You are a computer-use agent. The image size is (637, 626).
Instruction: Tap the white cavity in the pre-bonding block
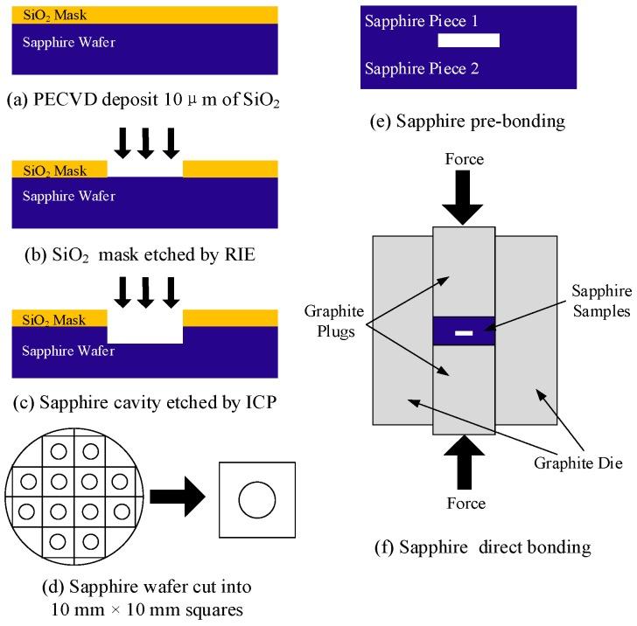coord(468,40)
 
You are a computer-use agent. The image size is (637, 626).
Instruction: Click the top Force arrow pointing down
coord(464,198)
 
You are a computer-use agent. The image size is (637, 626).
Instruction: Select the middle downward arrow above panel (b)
coord(145,143)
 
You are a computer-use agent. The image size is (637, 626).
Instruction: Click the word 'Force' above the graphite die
coord(464,162)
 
